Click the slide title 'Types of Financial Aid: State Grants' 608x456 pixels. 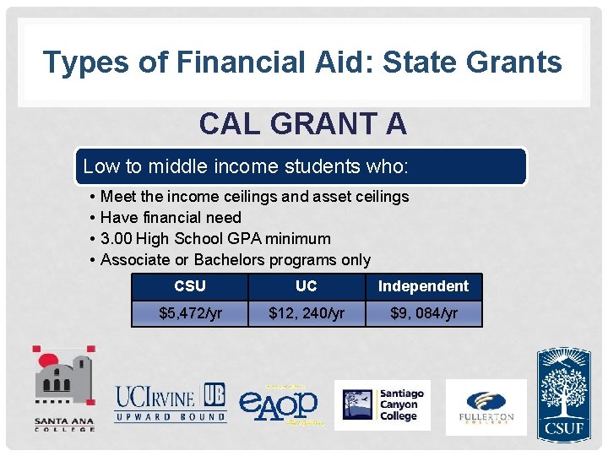[302, 62]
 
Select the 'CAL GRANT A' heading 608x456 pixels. [302, 124]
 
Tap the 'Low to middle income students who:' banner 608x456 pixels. [245, 166]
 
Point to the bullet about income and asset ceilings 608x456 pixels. [253, 197]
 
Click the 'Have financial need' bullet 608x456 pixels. [171, 218]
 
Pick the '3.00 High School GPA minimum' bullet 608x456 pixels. [215, 239]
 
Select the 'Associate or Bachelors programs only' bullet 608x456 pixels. [235, 260]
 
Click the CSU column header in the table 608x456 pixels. [190, 286]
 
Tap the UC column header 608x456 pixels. [307, 286]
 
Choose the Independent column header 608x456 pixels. [423, 286]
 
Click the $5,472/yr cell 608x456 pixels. [190, 313]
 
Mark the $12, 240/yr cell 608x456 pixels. [307, 313]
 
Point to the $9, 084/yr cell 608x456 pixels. [423, 313]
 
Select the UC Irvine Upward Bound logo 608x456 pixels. [171, 403]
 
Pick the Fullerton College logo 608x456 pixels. [486, 406]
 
